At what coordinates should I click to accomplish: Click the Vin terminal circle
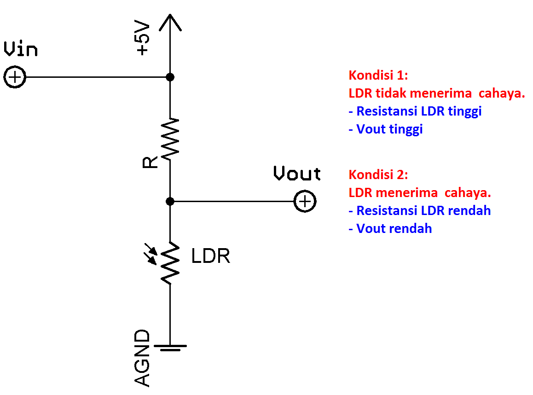(x=15, y=77)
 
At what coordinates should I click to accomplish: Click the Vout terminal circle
(x=305, y=201)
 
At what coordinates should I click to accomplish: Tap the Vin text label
(x=20, y=49)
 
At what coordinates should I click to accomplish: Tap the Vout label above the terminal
(x=297, y=174)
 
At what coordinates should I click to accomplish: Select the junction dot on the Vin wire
(x=170, y=77)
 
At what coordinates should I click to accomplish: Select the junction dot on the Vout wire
(x=170, y=201)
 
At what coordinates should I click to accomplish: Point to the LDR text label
(x=210, y=256)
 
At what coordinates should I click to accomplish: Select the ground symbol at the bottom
(x=170, y=347)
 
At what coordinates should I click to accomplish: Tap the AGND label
(x=143, y=358)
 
